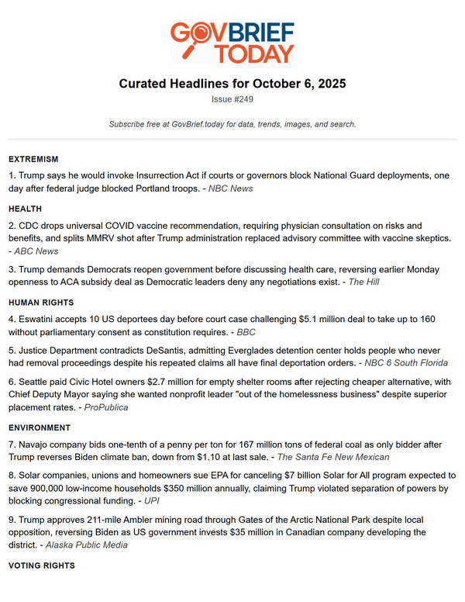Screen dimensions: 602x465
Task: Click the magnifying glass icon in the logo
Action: (201, 35)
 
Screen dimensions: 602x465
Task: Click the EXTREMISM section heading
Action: (33, 159)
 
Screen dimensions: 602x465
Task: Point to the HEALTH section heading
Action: (26, 209)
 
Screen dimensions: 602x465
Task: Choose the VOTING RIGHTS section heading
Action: (42, 566)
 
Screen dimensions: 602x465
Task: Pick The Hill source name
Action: (363, 282)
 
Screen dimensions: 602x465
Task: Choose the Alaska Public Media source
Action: (88, 545)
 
